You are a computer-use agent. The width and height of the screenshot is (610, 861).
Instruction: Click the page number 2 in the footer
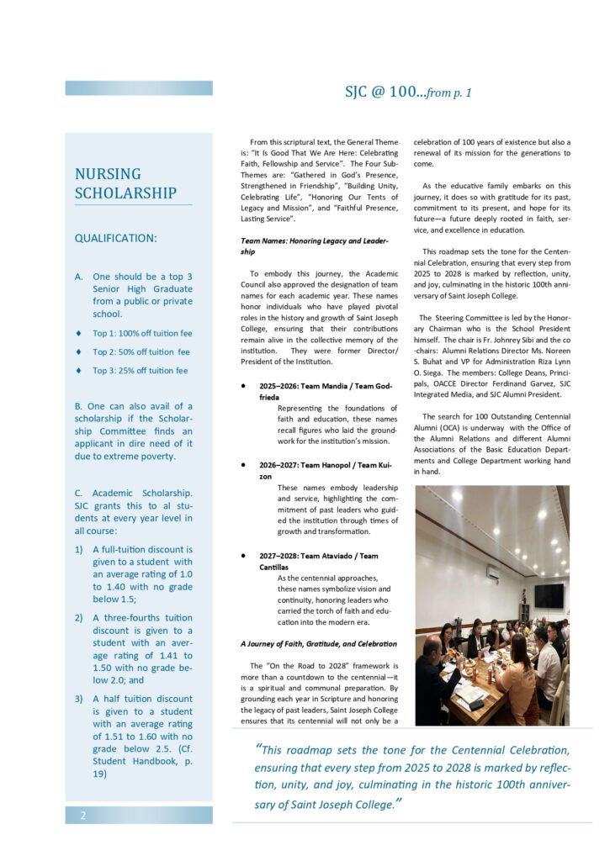83,815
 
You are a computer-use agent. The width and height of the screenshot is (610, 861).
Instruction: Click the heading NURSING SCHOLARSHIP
125,183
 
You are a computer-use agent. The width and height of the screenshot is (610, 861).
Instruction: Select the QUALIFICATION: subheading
115,238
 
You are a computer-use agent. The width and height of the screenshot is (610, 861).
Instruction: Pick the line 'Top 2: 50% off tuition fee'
141,351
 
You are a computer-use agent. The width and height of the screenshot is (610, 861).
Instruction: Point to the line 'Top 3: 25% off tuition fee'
141,370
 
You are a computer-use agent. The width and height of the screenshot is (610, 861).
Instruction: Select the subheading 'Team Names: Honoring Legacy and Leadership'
315,246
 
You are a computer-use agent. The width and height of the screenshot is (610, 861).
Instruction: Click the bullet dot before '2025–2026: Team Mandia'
243,386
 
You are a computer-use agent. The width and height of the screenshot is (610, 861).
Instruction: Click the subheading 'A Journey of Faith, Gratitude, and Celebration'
318,644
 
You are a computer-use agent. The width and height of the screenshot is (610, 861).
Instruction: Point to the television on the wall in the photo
549,595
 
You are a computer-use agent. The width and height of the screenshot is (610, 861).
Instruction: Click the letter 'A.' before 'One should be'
78,276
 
